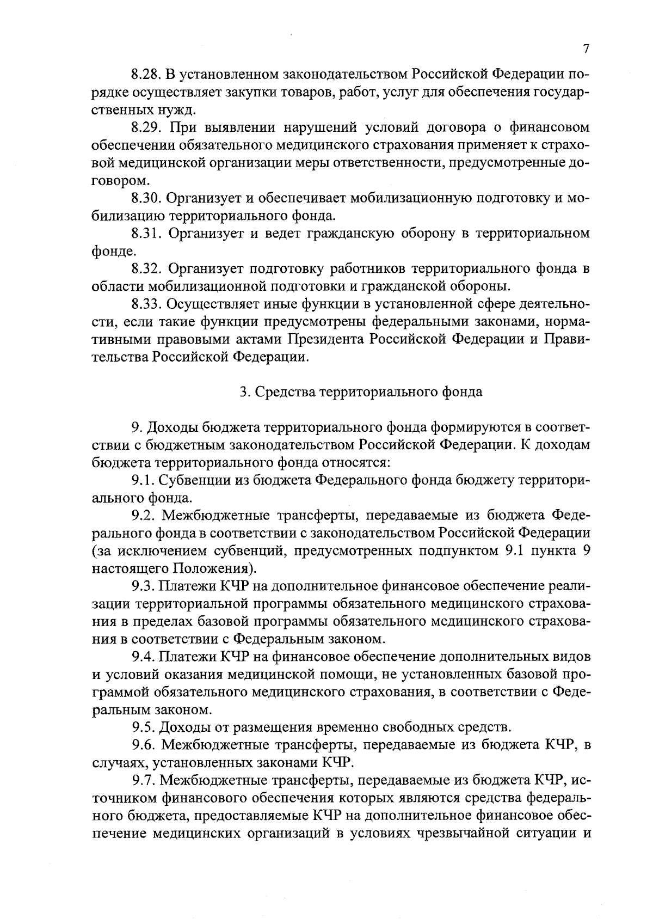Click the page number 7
click(x=586, y=49)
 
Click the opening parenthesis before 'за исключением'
click(x=94, y=551)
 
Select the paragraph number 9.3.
click(x=141, y=586)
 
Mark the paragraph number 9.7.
click(x=141, y=780)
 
